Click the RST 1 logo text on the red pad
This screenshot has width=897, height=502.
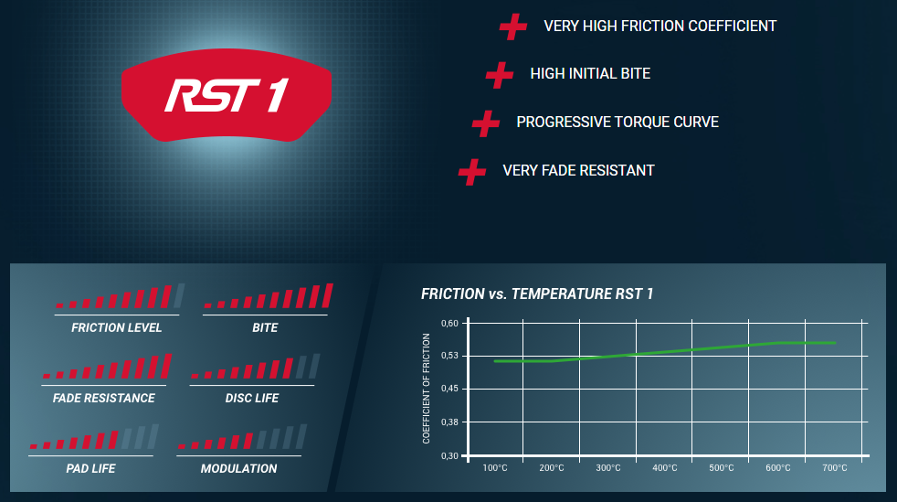tap(227, 95)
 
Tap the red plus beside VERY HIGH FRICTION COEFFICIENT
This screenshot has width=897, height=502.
tap(513, 27)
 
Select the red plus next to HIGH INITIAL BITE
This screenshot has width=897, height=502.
tap(500, 74)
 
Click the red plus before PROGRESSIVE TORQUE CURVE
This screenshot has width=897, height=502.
tap(486, 123)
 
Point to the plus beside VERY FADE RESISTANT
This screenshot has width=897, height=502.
tap(472, 172)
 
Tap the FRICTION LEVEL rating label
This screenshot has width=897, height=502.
tap(117, 327)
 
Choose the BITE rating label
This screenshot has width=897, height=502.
tap(265, 327)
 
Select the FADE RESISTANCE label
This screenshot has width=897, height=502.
tap(103, 398)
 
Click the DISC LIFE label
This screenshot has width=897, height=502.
tap(252, 398)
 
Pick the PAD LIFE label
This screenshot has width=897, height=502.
tap(90, 468)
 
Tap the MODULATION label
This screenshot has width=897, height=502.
tap(238, 468)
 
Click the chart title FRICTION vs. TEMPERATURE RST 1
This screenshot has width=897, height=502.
tap(537, 294)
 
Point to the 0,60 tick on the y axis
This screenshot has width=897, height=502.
tap(449, 324)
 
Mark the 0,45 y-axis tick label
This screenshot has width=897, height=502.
tap(449, 389)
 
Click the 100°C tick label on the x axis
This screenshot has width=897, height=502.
tap(495, 468)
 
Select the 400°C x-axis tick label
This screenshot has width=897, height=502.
tap(665, 468)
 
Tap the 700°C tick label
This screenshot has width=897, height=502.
tap(835, 468)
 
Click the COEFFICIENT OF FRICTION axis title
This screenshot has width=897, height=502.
tap(427, 389)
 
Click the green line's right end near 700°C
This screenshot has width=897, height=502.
tap(835, 343)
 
